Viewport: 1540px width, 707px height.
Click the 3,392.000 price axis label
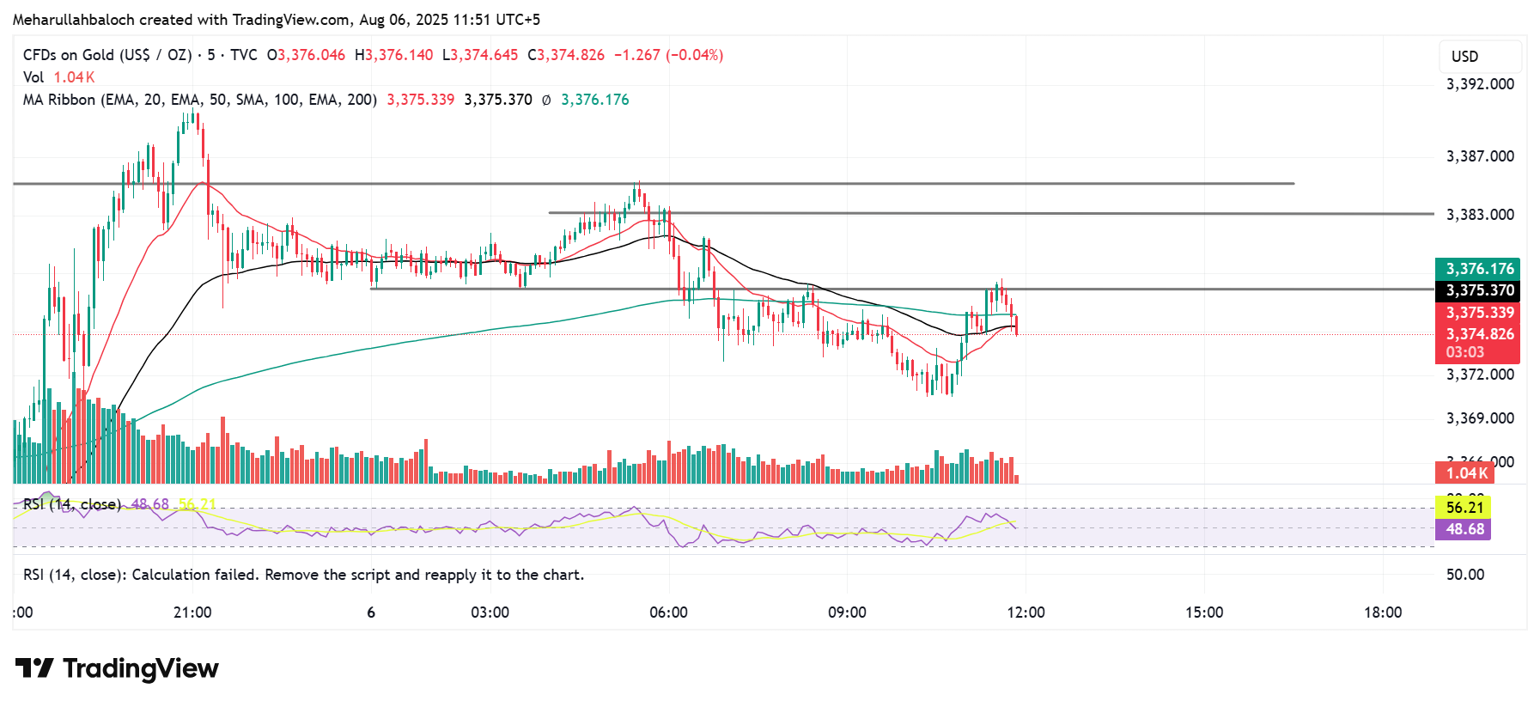[1480, 84]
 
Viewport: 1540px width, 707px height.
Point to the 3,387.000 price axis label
[1480, 156]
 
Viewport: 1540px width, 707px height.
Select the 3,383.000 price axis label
[1480, 215]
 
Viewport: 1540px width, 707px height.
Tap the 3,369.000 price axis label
[1480, 418]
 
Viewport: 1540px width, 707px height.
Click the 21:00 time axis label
[192, 613]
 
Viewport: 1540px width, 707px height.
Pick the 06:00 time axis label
[668, 613]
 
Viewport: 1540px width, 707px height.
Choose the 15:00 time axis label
[1204, 613]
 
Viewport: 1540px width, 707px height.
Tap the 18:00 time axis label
[1383, 613]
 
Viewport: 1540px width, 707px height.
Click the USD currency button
[1465, 57]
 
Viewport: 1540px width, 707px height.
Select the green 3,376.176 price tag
[1479, 269]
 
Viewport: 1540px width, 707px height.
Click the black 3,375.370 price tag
[1479, 290]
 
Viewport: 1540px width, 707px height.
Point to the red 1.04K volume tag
[1466, 473]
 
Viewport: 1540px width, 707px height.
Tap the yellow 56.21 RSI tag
[1464, 508]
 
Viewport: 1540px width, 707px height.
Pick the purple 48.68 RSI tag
[1464, 529]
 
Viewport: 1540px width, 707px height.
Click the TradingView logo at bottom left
[118, 668]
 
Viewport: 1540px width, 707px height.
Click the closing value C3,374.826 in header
[566, 55]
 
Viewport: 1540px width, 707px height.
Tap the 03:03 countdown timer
[1464, 352]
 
